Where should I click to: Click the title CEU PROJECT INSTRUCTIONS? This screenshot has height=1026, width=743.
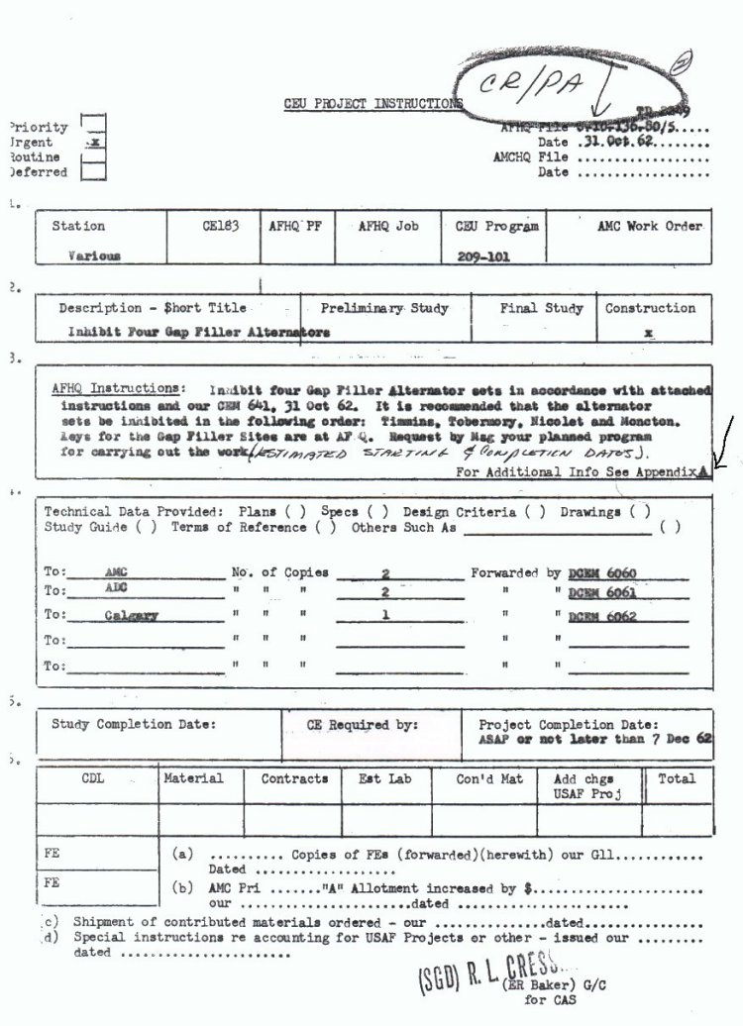(373, 103)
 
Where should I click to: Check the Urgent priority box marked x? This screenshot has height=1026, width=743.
(94, 143)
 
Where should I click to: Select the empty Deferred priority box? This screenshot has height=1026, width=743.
(94, 172)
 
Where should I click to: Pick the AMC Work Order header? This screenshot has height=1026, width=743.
(649, 226)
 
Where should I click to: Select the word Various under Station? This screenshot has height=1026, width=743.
(94, 255)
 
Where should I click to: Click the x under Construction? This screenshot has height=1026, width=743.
(649, 334)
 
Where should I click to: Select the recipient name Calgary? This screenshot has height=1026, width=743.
(131, 615)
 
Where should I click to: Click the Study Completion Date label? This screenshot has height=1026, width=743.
(133, 724)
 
